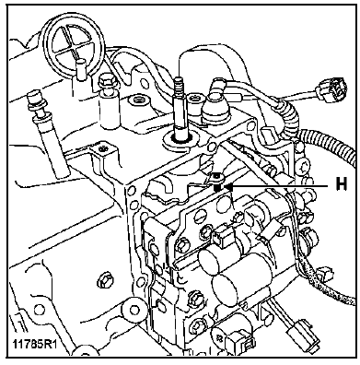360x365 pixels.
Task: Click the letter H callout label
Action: (x=341, y=184)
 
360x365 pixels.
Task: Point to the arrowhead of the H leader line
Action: (x=228, y=186)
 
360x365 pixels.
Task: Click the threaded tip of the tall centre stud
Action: (x=179, y=86)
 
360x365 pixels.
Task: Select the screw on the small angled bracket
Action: (x=101, y=148)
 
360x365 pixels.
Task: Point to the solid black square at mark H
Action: (x=217, y=187)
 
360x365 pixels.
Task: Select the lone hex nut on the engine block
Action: (x=102, y=281)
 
